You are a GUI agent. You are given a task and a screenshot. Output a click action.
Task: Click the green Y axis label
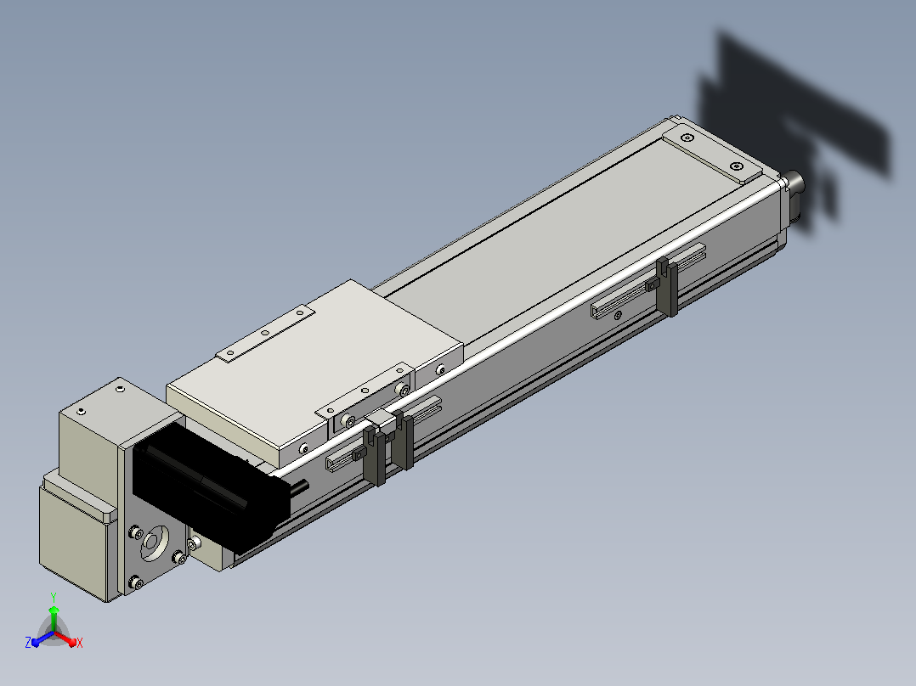click(x=54, y=597)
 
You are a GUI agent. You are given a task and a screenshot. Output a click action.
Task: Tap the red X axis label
click(x=80, y=643)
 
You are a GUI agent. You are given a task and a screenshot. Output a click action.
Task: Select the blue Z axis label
click(x=28, y=642)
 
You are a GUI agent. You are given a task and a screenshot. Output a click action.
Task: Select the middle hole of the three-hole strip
click(x=265, y=333)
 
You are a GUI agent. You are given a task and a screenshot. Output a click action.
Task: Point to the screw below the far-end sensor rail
click(x=618, y=315)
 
